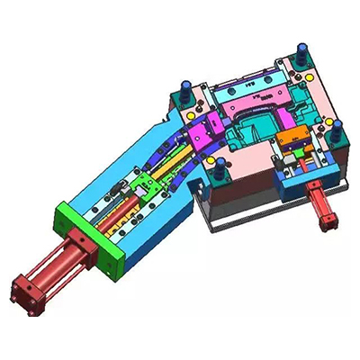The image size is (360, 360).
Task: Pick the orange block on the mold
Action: pos(291,139)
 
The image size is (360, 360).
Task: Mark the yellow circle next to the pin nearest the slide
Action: pos(211,161)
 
